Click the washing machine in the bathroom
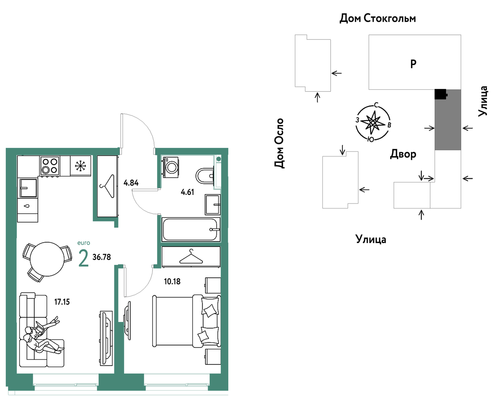[x=171, y=167]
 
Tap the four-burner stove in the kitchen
[x=50, y=166]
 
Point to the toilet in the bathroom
[x=205, y=176]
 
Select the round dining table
[x=47, y=259]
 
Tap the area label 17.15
[x=62, y=302]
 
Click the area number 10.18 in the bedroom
[x=172, y=282]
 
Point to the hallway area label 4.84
[x=131, y=183]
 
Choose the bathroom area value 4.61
[x=187, y=192]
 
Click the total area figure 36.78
[x=102, y=257]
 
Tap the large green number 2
[x=84, y=258]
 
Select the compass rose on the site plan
[x=373, y=122]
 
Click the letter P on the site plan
[x=413, y=64]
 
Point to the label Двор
[x=403, y=154]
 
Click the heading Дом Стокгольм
[x=378, y=18]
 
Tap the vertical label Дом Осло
[x=279, y=143]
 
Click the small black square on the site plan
[x=441, y=94]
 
